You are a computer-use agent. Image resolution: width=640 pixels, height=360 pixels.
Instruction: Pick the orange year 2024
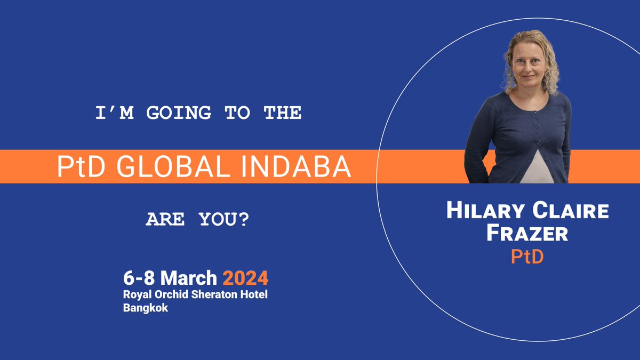point(245,278)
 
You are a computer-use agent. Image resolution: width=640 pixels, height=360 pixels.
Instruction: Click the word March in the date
point(189,278)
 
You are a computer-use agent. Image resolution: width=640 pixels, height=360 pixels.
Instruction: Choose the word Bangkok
point(146,308)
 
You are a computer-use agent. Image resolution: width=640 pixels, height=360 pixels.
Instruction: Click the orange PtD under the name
point(527,257)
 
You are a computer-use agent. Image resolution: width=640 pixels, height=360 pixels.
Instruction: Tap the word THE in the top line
point(283,113)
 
